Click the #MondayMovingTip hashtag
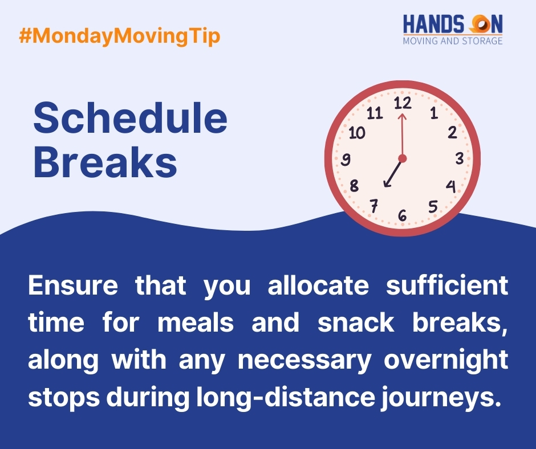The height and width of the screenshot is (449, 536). pos(119,36)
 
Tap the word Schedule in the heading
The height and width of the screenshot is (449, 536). pos(130,120)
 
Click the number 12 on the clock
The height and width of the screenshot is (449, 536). pos(403,103)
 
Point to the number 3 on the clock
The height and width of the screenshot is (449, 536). pos(459,159)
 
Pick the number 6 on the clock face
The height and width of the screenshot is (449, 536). pos(403,215)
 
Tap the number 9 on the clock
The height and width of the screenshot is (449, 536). pos(346,160)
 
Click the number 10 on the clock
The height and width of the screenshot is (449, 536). pos(356,133)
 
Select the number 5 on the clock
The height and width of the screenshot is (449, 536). pos(433,207)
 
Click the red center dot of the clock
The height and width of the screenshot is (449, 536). pos(403,158)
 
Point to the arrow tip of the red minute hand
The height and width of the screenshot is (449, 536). pos(401,115)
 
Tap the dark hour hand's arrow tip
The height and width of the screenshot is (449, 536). pos(386,185)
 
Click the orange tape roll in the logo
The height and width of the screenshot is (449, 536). pos(477,24)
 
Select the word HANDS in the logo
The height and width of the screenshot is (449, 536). pos(433,25)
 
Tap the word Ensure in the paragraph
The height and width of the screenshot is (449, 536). pos(71,285)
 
